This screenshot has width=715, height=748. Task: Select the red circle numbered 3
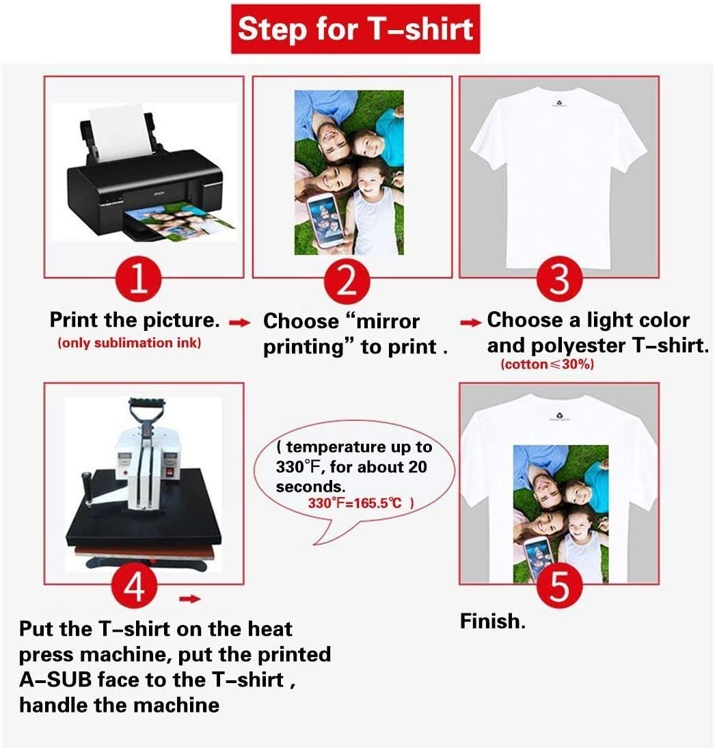[x=558, y=279]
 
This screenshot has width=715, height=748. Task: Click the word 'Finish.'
[x=492, y=622]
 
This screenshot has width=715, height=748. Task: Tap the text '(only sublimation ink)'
[x=129, y=343]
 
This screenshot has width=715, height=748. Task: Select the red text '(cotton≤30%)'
[x=548, y=364]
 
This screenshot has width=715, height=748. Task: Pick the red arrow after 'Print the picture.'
[x=237, y=322]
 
